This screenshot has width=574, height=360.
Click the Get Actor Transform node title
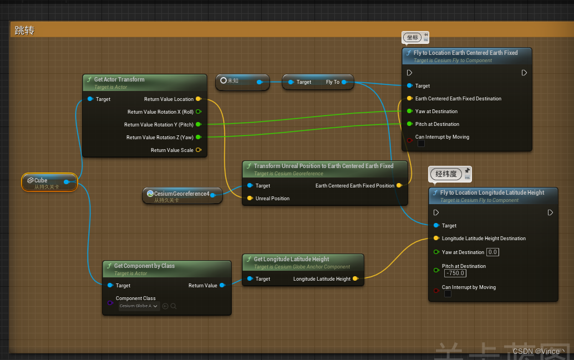pyautogui.click(x=119, y=79)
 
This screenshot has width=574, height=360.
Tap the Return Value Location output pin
pyautogui.click(x=199, y=99)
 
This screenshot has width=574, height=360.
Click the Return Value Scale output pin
pyautogui.click(x=199, y=150)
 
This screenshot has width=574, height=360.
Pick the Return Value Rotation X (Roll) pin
pyautogui.click(x=199, y=112)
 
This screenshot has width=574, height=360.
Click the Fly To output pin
pyautogui.click(x=344, y=82)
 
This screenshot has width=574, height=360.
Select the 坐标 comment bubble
pyautogui.click(x=412, y=38)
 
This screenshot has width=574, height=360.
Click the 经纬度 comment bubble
pyautogui.click(x=446, y=174)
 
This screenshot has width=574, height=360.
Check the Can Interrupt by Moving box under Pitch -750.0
pyautogui.click(x=448, y=294)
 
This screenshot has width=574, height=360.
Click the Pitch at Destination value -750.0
pyautogui.click(x=455, y=273)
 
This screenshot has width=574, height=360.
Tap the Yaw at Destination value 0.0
pyautogui.click(x=492, y=252)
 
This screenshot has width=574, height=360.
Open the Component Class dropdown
pyautogui.click(x=139, y=306)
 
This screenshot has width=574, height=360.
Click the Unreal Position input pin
pyautogui.click(x=250, y=199)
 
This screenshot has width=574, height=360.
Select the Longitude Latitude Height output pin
pyautogui.click(x=355, y=279)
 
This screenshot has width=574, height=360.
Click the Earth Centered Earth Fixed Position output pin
pyautogui.click(x=400, y=186)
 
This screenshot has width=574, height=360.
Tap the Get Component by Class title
pyautogui.click(x=144, y=266)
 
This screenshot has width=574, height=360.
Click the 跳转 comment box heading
pyautogui.click(x=24, y=31)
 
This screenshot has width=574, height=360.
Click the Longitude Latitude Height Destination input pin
pyautogui.click(x=436, y=239)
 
